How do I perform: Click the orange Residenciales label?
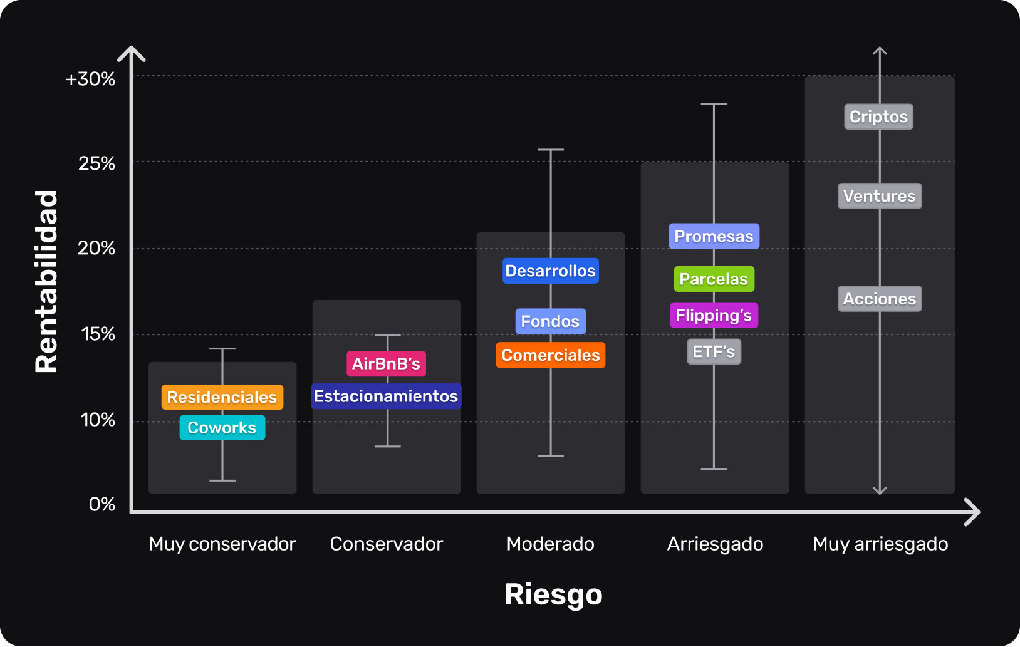coord(222,397)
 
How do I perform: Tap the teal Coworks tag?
coord(222,428)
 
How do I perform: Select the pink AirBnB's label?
coord(386,364)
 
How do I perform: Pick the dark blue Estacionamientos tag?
coord(386,396)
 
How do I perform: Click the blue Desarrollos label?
coord(550,271)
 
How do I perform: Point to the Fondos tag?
coord(550,321)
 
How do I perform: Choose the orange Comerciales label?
coord(550,355)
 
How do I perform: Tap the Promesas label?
coord(714,236)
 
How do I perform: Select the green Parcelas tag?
coord(714,279)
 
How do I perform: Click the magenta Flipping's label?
coord(714,315)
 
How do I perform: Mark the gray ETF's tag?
coord(714,351)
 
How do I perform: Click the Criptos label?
coord(878,116)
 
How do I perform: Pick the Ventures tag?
coord(879,196)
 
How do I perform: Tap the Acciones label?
coord(879,299)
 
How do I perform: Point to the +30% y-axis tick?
coord(90,79)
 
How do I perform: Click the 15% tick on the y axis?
coord(98,334)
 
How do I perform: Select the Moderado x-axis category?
coord(550,544)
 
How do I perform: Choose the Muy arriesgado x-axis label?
coord(880,544)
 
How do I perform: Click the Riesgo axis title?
coord(553,594)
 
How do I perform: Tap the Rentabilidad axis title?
coord(46,282)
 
